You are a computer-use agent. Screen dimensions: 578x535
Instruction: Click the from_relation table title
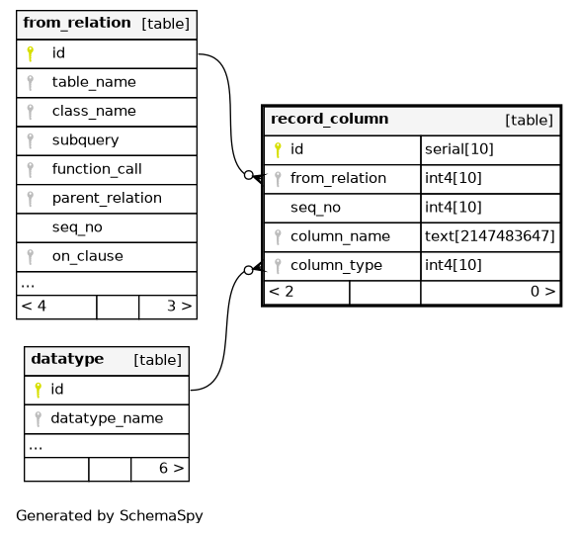[77, 23]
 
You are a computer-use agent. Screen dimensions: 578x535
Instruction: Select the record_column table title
[330, 120]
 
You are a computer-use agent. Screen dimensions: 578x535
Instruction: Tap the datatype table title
[67, 359]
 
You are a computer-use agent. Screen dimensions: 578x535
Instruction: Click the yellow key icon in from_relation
[31, 53]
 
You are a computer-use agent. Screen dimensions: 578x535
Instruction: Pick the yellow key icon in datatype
[38, 390]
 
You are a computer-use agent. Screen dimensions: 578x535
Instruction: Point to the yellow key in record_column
[278, 150]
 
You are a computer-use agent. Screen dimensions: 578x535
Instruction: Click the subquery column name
[86, 140]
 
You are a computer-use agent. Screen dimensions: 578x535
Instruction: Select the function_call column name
[97, 169]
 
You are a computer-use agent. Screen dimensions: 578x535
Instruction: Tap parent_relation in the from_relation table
[107, 198]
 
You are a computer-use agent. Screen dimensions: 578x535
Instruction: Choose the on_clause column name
[88, 256]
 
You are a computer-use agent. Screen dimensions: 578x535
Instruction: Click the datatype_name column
[107, 418]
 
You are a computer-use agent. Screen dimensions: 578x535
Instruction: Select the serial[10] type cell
[458, 149]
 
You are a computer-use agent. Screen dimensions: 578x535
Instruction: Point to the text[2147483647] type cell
[490, 236]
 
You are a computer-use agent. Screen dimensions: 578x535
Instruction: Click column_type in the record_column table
[336, 265]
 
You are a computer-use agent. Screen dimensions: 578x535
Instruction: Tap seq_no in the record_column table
[315, 208]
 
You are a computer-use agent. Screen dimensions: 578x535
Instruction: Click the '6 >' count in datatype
[171, 468]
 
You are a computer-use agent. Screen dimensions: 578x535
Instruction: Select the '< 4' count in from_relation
[34, 306]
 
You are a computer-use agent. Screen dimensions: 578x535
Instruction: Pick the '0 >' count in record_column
[543, 292]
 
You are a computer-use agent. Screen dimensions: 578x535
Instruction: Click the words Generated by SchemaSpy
[110, 516]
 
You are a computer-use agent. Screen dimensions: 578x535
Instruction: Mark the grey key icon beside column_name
[278, 237]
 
